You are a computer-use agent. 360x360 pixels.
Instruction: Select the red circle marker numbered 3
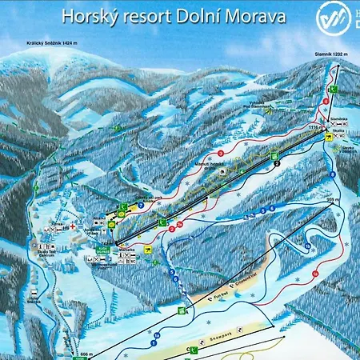pos(220,152)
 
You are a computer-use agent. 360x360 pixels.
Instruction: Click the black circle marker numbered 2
pos(276,162)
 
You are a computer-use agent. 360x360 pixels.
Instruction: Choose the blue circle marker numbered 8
pos(332,174)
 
